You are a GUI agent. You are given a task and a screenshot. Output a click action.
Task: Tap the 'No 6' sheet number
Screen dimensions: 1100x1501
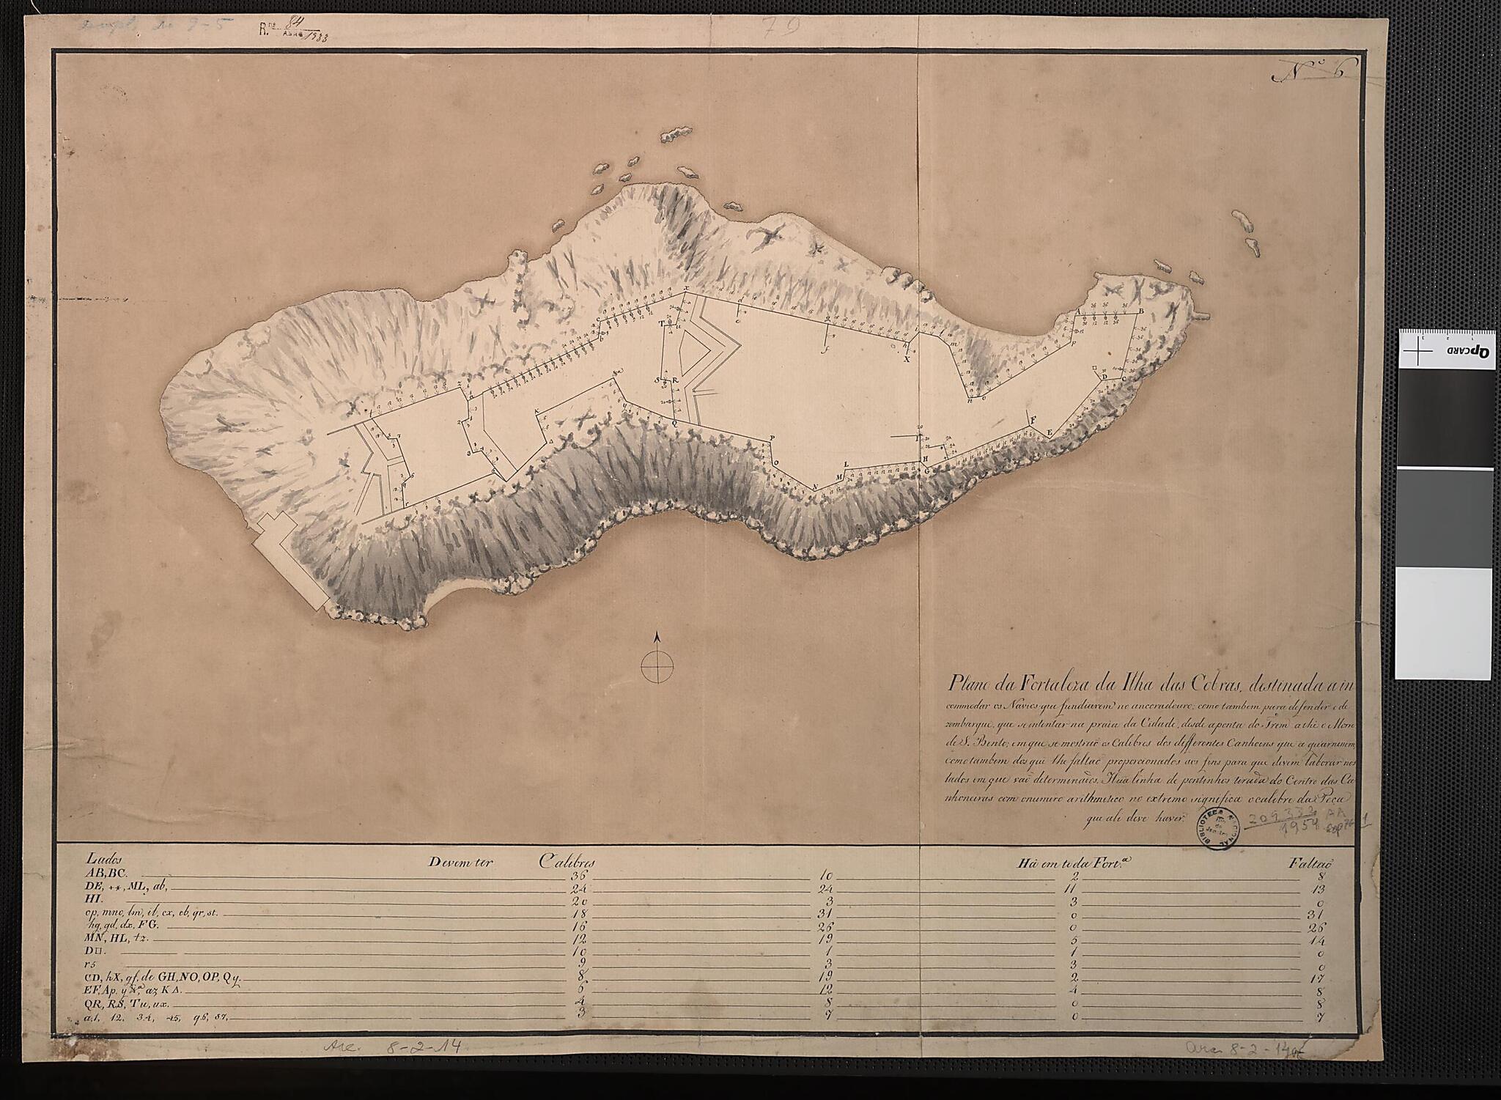[x=1315, y=72]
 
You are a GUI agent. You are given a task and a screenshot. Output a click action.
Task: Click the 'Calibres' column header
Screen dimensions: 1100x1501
[x=567, y=863]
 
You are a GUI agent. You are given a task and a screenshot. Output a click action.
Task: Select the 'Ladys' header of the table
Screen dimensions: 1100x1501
[x=102, y=860]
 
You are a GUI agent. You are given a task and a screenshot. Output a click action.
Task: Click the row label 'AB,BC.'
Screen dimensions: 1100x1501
[x=108, y=874]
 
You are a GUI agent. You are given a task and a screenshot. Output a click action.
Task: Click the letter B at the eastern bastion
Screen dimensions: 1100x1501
[x=1141, y=311]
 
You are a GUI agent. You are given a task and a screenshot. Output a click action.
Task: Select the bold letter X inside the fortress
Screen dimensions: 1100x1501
[x=907, y=359]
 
